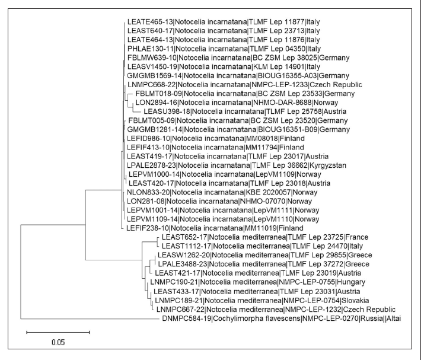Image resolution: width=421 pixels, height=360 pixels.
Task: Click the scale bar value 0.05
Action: [57, 342]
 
